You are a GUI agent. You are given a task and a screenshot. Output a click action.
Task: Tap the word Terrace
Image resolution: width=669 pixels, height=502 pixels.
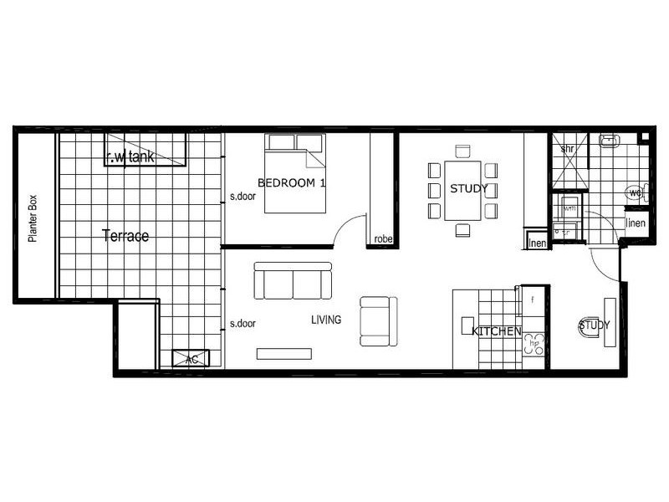(125, 237)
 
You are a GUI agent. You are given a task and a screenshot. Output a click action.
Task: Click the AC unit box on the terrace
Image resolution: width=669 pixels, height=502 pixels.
(191, 358)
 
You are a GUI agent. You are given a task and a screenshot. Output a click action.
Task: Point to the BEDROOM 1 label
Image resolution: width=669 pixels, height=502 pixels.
(290, 183)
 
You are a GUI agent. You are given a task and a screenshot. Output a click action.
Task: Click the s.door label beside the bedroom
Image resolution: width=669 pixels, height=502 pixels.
(243, 198)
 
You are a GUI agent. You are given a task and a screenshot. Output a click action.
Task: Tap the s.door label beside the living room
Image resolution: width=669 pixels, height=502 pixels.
(243, 324)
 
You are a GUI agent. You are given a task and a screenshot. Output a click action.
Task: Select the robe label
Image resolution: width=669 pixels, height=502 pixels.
(383, 238)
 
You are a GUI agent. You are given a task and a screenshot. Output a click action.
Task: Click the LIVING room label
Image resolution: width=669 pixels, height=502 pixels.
(326, 320)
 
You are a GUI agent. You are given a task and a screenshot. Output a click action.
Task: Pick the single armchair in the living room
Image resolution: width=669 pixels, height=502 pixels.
(375, 321)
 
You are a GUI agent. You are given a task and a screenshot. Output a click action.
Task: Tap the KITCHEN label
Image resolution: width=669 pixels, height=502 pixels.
(497, 332)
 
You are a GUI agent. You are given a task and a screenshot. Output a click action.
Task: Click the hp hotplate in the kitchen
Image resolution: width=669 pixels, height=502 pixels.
(534, 343)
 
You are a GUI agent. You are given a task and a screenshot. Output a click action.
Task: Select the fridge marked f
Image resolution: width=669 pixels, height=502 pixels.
(533, 298)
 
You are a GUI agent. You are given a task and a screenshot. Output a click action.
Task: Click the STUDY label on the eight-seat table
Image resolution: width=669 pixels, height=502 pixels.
(468, 189)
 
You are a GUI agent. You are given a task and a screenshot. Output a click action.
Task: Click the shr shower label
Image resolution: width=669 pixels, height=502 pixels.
(566, 149)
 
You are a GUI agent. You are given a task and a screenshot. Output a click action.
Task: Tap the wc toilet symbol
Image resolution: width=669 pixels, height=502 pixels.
(636, 194)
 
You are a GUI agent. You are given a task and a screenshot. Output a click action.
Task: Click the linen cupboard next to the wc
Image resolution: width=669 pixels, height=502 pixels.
(636, 223)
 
